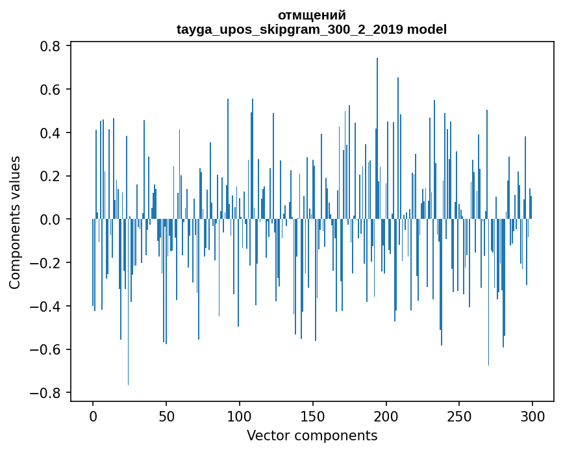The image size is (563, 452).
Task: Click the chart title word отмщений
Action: (x=312, y=15)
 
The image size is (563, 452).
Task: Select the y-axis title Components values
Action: (x=15, y=222)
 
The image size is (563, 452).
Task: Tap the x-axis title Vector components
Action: (x=312, y=435)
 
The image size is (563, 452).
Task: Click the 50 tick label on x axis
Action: (x=166, y=416)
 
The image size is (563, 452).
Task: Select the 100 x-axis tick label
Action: (x=240, y=416)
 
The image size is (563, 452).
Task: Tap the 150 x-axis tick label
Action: (x=313, y=416)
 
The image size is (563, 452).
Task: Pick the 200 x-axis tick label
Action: (x=386, y=416)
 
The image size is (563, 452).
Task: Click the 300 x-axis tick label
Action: (x=533, y=416)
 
